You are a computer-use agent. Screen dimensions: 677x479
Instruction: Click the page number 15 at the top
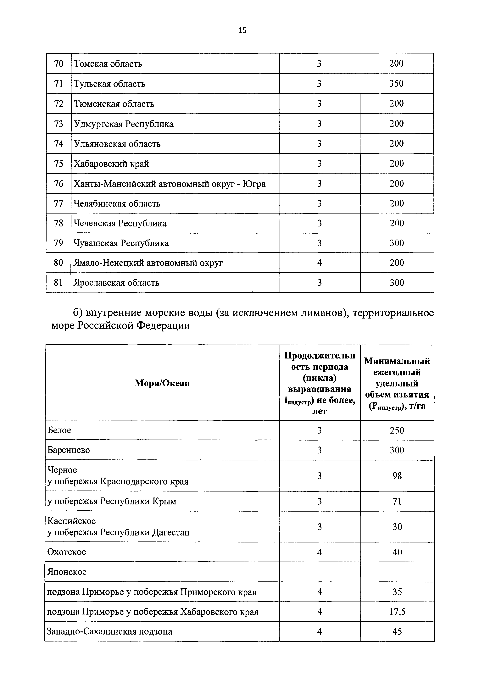point(242,30)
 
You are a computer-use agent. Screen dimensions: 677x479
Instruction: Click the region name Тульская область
point(109,84)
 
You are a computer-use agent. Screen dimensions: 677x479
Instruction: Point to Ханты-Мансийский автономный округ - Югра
point(170,184)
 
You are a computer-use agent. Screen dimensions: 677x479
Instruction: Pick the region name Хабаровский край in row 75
point(111,164)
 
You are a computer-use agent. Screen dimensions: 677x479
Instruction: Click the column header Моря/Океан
point(162,383)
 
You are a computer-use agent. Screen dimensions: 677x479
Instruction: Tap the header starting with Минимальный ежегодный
point(397,383)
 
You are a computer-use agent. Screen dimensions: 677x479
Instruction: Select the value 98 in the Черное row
point(397,476)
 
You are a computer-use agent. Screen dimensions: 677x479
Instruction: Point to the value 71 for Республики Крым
point(397,501)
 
